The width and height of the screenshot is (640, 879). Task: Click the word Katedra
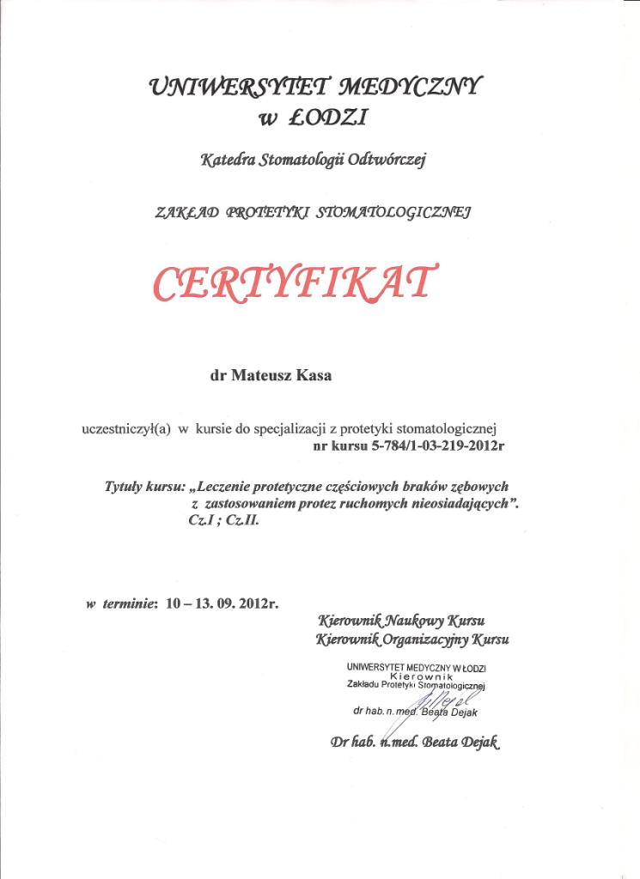225,158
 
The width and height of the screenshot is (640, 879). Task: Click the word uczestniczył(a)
125,427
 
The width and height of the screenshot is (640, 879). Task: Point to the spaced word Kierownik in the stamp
416,676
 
